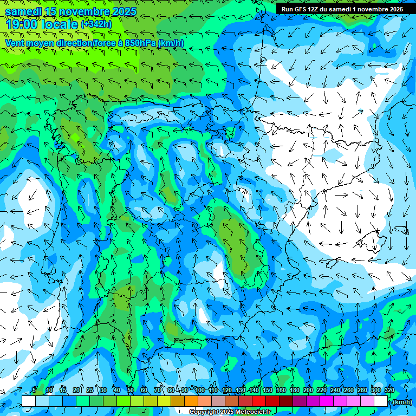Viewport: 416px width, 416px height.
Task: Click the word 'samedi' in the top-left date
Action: (23, 12)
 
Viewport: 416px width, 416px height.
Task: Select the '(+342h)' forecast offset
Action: (96, 24)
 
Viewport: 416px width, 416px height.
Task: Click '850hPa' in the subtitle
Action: (140, 43)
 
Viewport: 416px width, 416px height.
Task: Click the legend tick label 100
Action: (200, 391)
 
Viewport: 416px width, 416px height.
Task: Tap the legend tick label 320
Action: (389, 391)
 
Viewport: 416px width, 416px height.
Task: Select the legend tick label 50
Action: (130, 391)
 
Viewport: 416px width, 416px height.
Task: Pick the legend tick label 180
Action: (295, 391)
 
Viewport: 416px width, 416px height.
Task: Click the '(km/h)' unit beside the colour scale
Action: (401, 402)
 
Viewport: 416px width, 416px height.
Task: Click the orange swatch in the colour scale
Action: (191, 401)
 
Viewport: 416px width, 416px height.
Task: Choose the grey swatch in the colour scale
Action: (218, 401)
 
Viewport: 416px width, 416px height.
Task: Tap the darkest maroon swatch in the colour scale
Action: (285, 401)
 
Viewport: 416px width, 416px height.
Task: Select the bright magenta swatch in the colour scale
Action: (326, 401)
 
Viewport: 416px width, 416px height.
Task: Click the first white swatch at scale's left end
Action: (28, 401)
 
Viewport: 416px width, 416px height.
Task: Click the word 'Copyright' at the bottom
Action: (204, 412)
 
